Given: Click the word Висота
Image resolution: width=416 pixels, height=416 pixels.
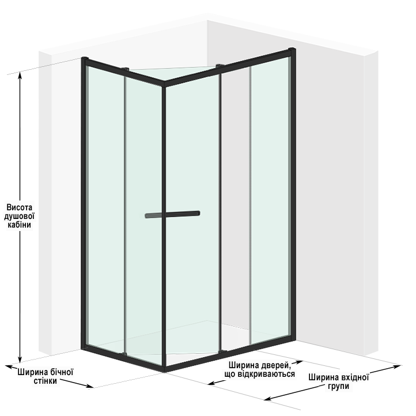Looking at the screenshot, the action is [x=20, y=207].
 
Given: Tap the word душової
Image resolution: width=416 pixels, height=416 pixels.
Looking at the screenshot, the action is [x=20, y=216].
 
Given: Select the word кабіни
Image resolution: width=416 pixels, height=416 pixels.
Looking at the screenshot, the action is [x=20, y=225].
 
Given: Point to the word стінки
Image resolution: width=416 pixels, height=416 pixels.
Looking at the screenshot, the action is [x=45, y=381].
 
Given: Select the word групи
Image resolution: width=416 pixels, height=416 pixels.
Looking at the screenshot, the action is [x=339, y=386].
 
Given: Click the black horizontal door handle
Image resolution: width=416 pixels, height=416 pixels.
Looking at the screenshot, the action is [x=172, y=214].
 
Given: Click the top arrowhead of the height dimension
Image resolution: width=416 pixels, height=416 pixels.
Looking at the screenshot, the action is [x=20, y=75].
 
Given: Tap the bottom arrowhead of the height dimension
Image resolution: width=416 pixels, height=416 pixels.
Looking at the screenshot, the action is [x=20, y=359].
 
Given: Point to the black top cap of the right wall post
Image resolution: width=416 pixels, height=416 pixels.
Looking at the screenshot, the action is [x=292, y=50].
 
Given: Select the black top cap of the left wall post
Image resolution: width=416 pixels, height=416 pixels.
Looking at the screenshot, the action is [x=85, y=58].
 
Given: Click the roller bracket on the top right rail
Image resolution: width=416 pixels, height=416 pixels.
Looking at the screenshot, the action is [x=220, y=66].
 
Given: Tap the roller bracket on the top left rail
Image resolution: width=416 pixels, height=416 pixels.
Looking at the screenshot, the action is [x=125, y=69].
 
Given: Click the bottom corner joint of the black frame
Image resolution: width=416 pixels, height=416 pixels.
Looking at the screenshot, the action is [x=164, y=369].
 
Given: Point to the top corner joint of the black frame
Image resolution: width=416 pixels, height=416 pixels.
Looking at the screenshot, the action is [x=164, y=84].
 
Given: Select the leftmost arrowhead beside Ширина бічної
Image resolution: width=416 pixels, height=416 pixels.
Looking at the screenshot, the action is [x=10, y=367].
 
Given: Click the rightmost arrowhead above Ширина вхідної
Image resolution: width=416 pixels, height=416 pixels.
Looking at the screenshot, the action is [x=397, y=367].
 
